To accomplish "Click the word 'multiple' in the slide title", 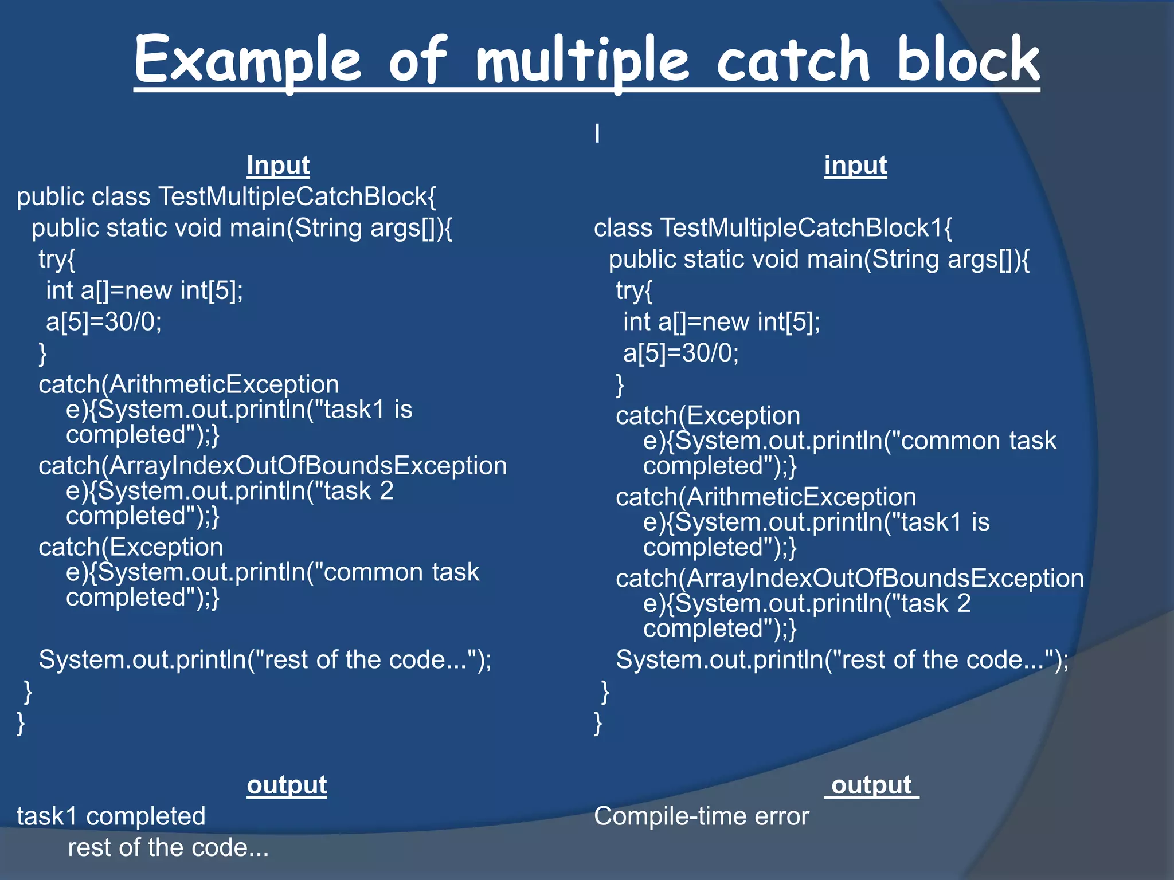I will (x=582, y=60).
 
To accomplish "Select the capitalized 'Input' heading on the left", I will (x=278, y=166).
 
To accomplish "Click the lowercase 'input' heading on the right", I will (x=855, y=166).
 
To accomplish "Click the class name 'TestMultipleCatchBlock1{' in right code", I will (x=805, y=228).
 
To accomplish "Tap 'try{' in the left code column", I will (x=57, y=260).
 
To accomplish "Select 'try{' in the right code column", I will (x=634, y=291).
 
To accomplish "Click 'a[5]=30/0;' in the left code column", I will (x=104, y=322).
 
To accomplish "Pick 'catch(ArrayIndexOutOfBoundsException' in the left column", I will (x=272, y=466).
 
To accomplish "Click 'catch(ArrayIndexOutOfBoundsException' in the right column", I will (x=850, y=579).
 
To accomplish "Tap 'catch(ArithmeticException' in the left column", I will (x=189, y=384).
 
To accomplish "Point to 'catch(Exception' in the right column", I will (x=708, y=416).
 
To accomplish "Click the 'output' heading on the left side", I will (x=287, y=785).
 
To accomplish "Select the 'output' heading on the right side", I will (x=871, y=785).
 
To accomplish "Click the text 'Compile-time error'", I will (x=701, y=816).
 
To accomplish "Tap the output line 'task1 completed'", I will (x=111, y=816).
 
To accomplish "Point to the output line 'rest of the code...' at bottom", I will (x=168, y=848).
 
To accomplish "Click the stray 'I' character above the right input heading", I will (x=597, y=134).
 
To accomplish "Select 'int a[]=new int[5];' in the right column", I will (x=722, y=322).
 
